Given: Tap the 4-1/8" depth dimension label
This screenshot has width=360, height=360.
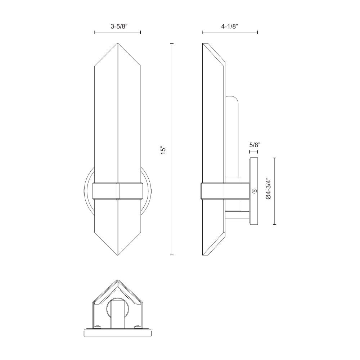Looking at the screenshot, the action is click(229, 26).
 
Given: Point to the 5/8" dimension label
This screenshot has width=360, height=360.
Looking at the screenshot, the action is click(255, 145).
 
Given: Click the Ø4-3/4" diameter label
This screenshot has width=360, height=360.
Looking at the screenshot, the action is click(269, 188).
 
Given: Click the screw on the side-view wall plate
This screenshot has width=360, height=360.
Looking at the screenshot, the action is click(254, 191).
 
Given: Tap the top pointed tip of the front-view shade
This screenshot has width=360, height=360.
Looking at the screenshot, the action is click(118, 44).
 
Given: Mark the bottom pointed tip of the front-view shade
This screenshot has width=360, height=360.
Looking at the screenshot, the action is click(118, 255).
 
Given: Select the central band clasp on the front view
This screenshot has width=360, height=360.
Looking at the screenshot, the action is click(118, 190).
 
